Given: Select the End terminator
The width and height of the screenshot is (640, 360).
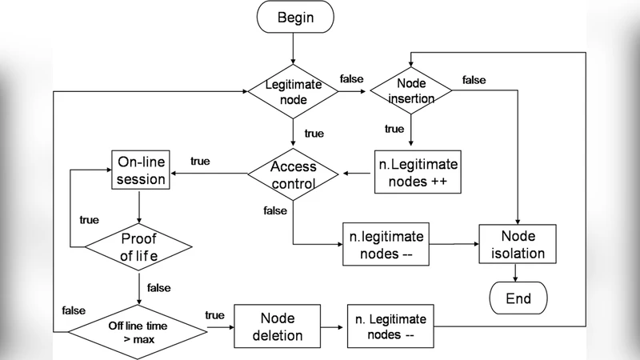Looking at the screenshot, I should pos(518,299).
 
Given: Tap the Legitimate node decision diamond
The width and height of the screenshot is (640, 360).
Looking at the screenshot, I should pos(293,91).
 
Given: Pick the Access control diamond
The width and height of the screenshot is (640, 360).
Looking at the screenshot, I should pos(293,174).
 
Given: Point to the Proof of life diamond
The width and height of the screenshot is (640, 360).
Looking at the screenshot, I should pos(140,247).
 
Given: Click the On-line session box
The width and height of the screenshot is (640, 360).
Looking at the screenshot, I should pos(141,170).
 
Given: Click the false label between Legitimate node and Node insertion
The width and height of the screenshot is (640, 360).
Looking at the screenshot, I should pos(351,78).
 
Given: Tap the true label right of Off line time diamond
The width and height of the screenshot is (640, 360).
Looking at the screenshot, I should pos(214,314).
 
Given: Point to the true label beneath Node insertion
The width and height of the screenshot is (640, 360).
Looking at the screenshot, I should pos(394,129).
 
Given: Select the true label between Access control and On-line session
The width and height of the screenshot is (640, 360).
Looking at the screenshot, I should pos(200,161).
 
